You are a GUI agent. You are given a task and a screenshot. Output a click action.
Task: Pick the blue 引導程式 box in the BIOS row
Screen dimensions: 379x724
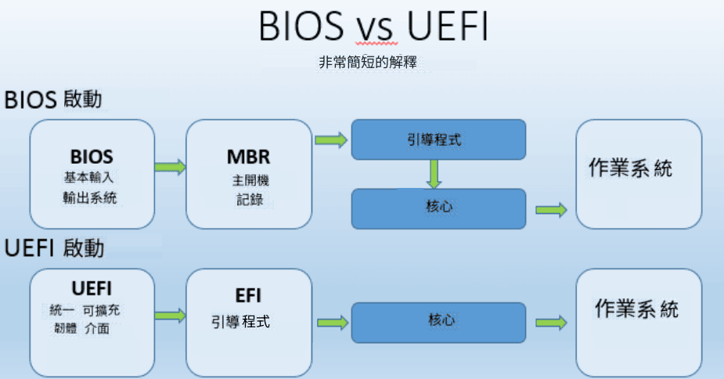pos(437,140)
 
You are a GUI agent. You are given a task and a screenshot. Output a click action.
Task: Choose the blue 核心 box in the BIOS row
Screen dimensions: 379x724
pos(438,208)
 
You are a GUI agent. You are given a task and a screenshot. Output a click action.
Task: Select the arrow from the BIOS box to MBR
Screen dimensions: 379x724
pos(171,167)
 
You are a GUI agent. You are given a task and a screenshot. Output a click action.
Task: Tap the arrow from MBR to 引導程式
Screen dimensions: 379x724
pos(330,140)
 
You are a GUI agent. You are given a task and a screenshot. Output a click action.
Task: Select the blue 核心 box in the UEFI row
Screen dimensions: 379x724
pos(438,321)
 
